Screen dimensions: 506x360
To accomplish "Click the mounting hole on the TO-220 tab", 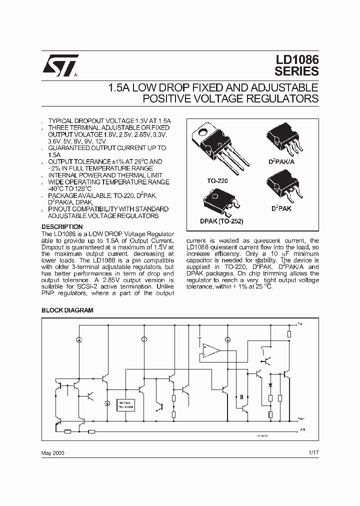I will click(204, 132).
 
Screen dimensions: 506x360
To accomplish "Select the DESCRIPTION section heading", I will click(61, 226).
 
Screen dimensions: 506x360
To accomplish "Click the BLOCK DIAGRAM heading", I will click(67, 310).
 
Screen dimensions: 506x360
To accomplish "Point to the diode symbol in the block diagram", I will click(270, 385).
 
